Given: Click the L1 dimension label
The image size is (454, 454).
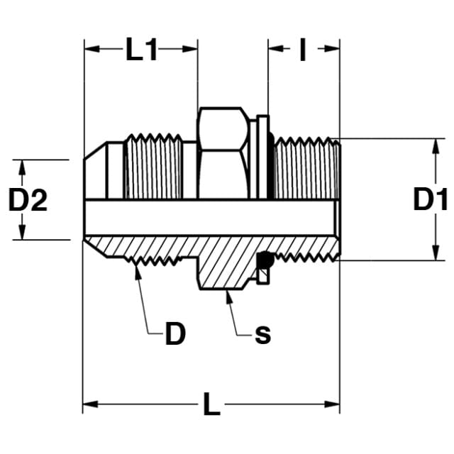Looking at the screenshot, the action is coord(142,49).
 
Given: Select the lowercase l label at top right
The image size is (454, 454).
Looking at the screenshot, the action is coord(303,50).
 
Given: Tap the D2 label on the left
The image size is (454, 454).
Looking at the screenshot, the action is coord(28,199).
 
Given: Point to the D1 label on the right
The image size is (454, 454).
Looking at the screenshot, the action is coord(431,199).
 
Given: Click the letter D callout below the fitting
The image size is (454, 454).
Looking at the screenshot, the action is coord(175,333).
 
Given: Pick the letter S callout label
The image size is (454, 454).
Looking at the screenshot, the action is coord(263,336).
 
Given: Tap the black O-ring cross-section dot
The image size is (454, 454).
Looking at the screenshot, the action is coord(265,260).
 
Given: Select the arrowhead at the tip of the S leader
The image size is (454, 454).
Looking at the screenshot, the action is coord(229,297).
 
